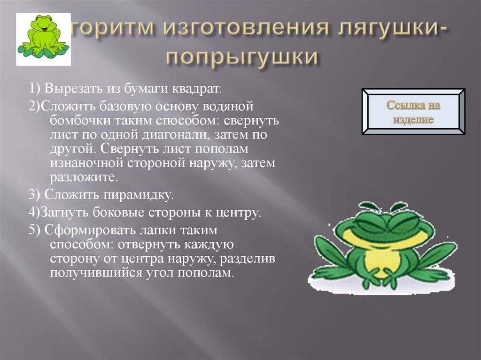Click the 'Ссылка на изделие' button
(x=414, y=112)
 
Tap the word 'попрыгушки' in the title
(x=242, y=58)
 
